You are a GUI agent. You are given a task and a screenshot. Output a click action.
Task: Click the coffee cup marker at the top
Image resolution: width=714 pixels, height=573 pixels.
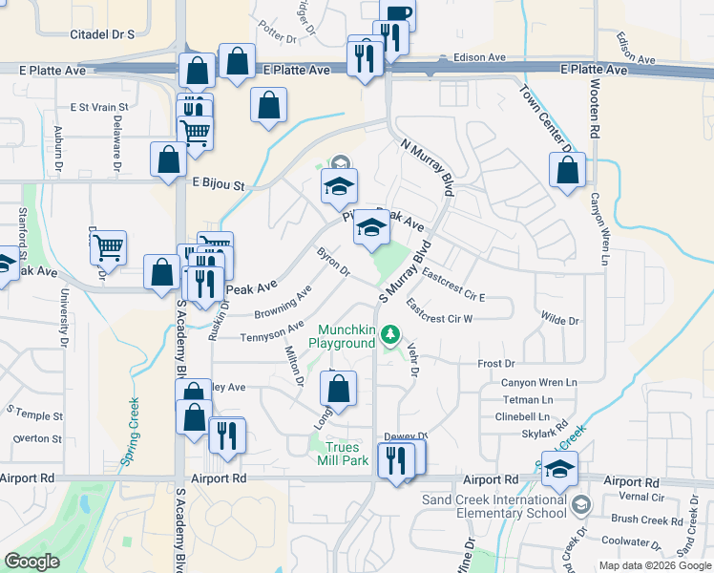pyautogui.click(x=397, y=13)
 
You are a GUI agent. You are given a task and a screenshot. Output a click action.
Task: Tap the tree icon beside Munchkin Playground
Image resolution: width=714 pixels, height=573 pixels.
pyautogui.click(x=389, y=334)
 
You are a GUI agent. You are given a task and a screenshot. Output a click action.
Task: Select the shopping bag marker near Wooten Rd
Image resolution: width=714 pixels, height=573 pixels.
pyautogui.click(x=567, y=172)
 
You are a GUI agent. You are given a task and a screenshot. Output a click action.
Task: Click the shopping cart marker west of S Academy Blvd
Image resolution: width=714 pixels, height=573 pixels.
pyautogui.click(x=109, y=247)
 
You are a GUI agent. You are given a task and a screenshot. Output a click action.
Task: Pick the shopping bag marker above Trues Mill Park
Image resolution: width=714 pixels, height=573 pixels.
pyautogui.click(x=337, y=389)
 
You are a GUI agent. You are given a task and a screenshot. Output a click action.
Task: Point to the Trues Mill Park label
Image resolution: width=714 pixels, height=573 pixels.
pyautogui.click(x=343, y=454)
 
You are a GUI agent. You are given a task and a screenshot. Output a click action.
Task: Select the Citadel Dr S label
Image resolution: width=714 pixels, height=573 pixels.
pyautogui.click(x=102, y=34)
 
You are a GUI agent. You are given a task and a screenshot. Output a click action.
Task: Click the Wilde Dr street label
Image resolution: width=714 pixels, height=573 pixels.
pyautogui.click(x=559, y=321)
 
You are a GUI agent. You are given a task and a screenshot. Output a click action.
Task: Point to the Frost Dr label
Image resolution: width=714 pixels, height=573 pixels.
pyautogui.click(x=495, y=364)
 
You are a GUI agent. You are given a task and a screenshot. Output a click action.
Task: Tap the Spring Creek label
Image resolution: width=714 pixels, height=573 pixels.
pyautogui.click(x=130, y=431)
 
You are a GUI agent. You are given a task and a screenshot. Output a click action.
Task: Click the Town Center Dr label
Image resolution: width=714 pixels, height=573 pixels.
pyautogui.click(x=545, y=118)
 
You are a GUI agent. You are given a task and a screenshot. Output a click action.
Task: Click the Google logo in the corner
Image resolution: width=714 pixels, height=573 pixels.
pyautogui.click(x=32, y=562)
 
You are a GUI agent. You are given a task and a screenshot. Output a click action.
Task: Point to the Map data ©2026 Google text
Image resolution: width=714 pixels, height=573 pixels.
pyautogui.click(x=654, y=565)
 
